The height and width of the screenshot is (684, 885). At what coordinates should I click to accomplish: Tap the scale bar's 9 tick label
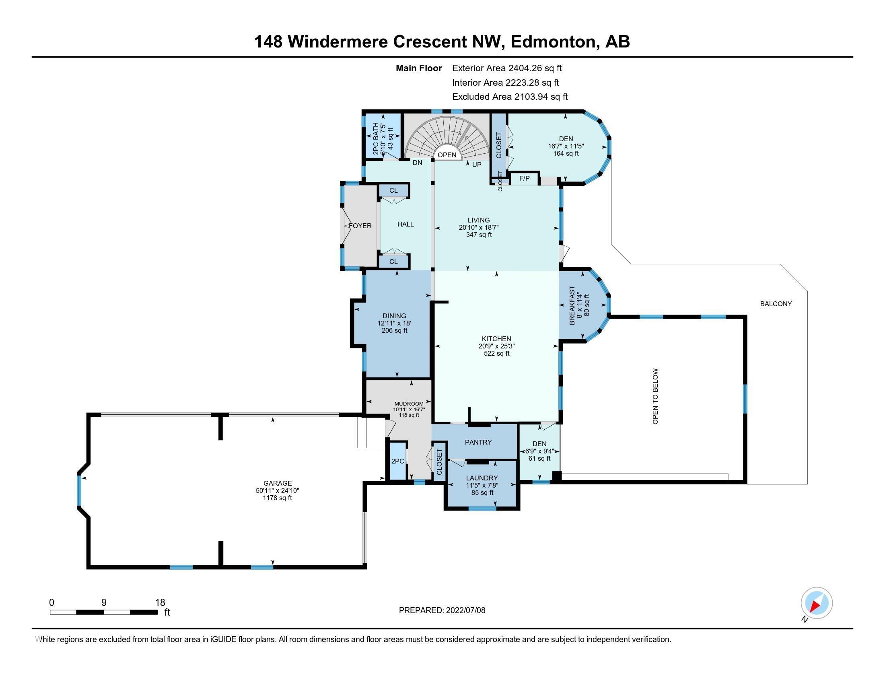(104, 603)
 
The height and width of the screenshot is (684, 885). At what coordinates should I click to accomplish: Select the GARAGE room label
(278, 483)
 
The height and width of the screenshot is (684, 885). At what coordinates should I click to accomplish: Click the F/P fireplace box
(524, 178)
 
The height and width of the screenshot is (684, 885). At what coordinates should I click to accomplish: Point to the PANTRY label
(478, 442)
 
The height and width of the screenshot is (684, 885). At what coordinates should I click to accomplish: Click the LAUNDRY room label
(482, 478)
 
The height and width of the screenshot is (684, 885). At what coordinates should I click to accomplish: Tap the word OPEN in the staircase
(447, 155)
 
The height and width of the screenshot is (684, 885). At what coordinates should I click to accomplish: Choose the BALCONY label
(776, 304)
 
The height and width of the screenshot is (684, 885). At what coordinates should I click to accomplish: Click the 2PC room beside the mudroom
(397, 461)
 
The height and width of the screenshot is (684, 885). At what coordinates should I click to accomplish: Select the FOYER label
(360, 226)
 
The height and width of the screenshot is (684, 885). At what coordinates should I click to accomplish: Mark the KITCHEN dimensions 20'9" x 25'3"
(496, 346)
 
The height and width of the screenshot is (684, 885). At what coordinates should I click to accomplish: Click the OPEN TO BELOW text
(655, 396)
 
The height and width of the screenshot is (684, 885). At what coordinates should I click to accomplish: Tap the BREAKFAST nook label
(572, 305)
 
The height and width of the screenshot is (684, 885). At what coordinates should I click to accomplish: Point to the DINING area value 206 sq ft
(394, 331)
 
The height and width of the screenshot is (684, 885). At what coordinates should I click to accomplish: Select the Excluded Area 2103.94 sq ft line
(510, 97)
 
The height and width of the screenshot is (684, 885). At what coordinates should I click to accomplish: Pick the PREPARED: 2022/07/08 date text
(442, 610)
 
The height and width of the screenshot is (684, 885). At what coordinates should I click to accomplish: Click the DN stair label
(418, 163)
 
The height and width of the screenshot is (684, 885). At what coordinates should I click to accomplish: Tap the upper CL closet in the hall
(393, 190)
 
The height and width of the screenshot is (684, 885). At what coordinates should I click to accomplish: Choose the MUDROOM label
(409, 404)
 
